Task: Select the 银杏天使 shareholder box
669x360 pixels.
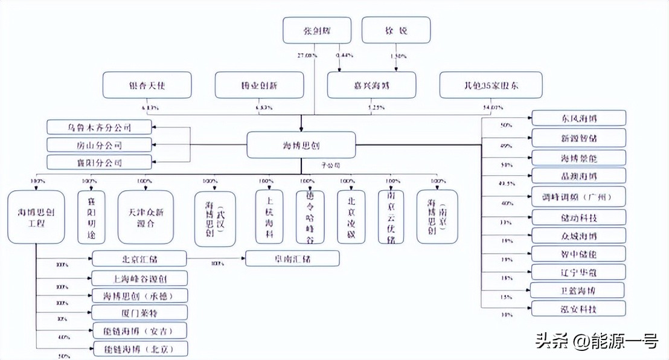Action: tap(147, 85)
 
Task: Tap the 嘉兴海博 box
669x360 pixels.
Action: tap(371, 85)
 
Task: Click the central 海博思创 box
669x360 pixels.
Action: tap(300, 146)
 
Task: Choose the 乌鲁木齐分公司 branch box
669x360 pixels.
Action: tap(99, 127)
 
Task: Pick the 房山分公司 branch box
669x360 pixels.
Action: tap(99, 145)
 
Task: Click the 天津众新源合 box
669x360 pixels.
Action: tap(145, 217)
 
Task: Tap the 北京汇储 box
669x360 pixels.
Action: tap(139, 259)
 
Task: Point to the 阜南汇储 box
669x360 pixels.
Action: tap(292, 259)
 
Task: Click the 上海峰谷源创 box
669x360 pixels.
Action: tap(139, 278)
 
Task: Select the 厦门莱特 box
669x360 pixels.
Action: tap(139, 313)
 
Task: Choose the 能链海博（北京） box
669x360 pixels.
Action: tap(140, 349)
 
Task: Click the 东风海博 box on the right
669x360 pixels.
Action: tap(578, 118)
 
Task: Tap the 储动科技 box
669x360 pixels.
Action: tap(578, 217)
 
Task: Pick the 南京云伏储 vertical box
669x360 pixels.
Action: tap(391, 217)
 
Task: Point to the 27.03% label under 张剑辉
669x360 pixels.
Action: tap(307, 56)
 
